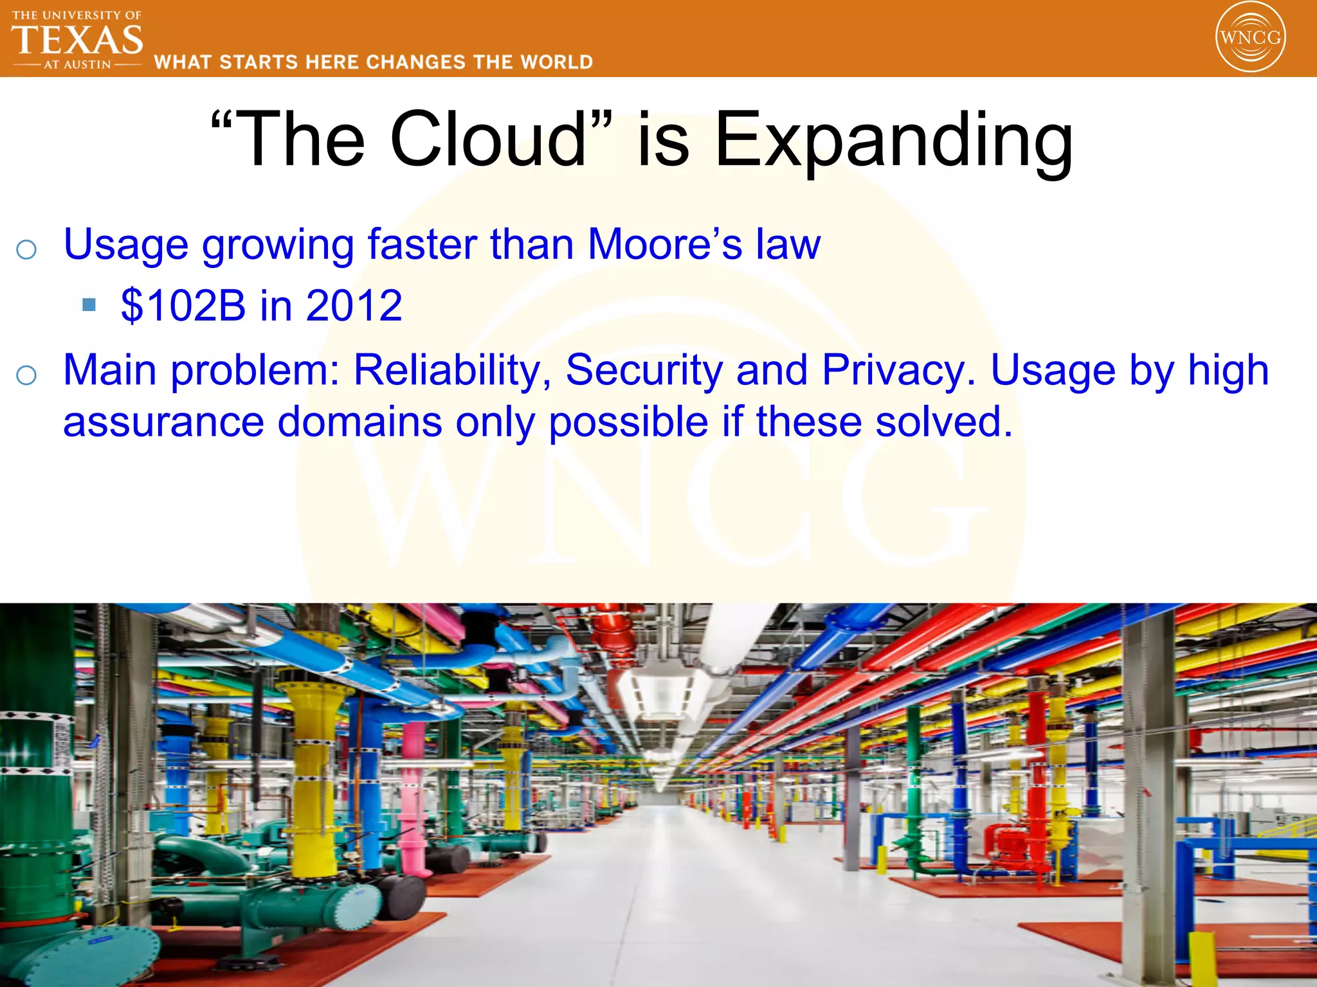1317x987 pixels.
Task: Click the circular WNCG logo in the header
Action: point(1250,37)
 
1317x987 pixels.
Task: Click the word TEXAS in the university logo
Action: point(77,40)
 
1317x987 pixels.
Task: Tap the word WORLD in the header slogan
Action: point(557,62)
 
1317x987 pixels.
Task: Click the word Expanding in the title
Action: point(894,141)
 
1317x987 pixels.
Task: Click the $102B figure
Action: point(183,305)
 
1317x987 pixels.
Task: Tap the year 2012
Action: point(354,305)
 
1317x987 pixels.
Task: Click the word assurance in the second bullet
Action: point(163,422)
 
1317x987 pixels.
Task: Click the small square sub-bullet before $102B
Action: point(89,304)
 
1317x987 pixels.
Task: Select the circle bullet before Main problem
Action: point(26,375)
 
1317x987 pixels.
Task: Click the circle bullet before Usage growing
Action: point(26,249)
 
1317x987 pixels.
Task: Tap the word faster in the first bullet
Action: point(422,245)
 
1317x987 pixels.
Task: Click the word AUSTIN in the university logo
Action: point(87,65)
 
